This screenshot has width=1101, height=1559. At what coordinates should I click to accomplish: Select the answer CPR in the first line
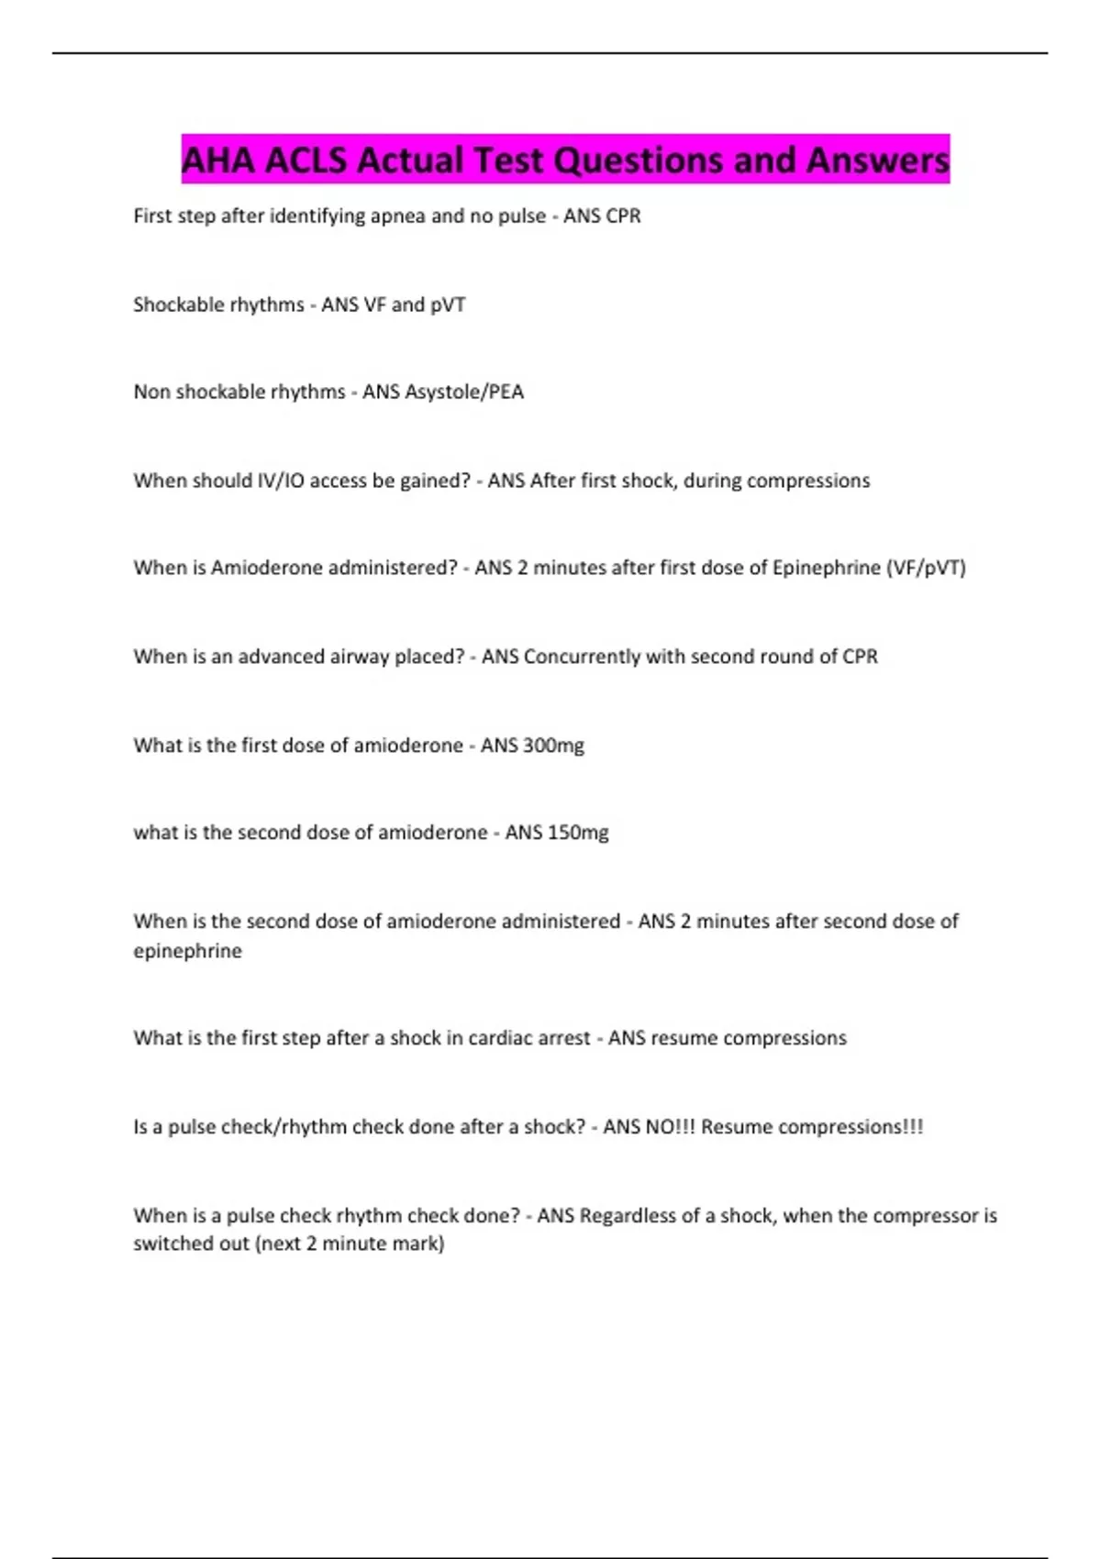623,216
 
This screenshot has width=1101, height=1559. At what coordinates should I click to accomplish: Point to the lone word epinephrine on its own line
188,951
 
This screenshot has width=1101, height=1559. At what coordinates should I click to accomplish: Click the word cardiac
502,1038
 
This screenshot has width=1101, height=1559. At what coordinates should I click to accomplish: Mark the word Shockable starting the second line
175,304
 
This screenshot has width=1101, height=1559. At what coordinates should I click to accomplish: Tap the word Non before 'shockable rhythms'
151,393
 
